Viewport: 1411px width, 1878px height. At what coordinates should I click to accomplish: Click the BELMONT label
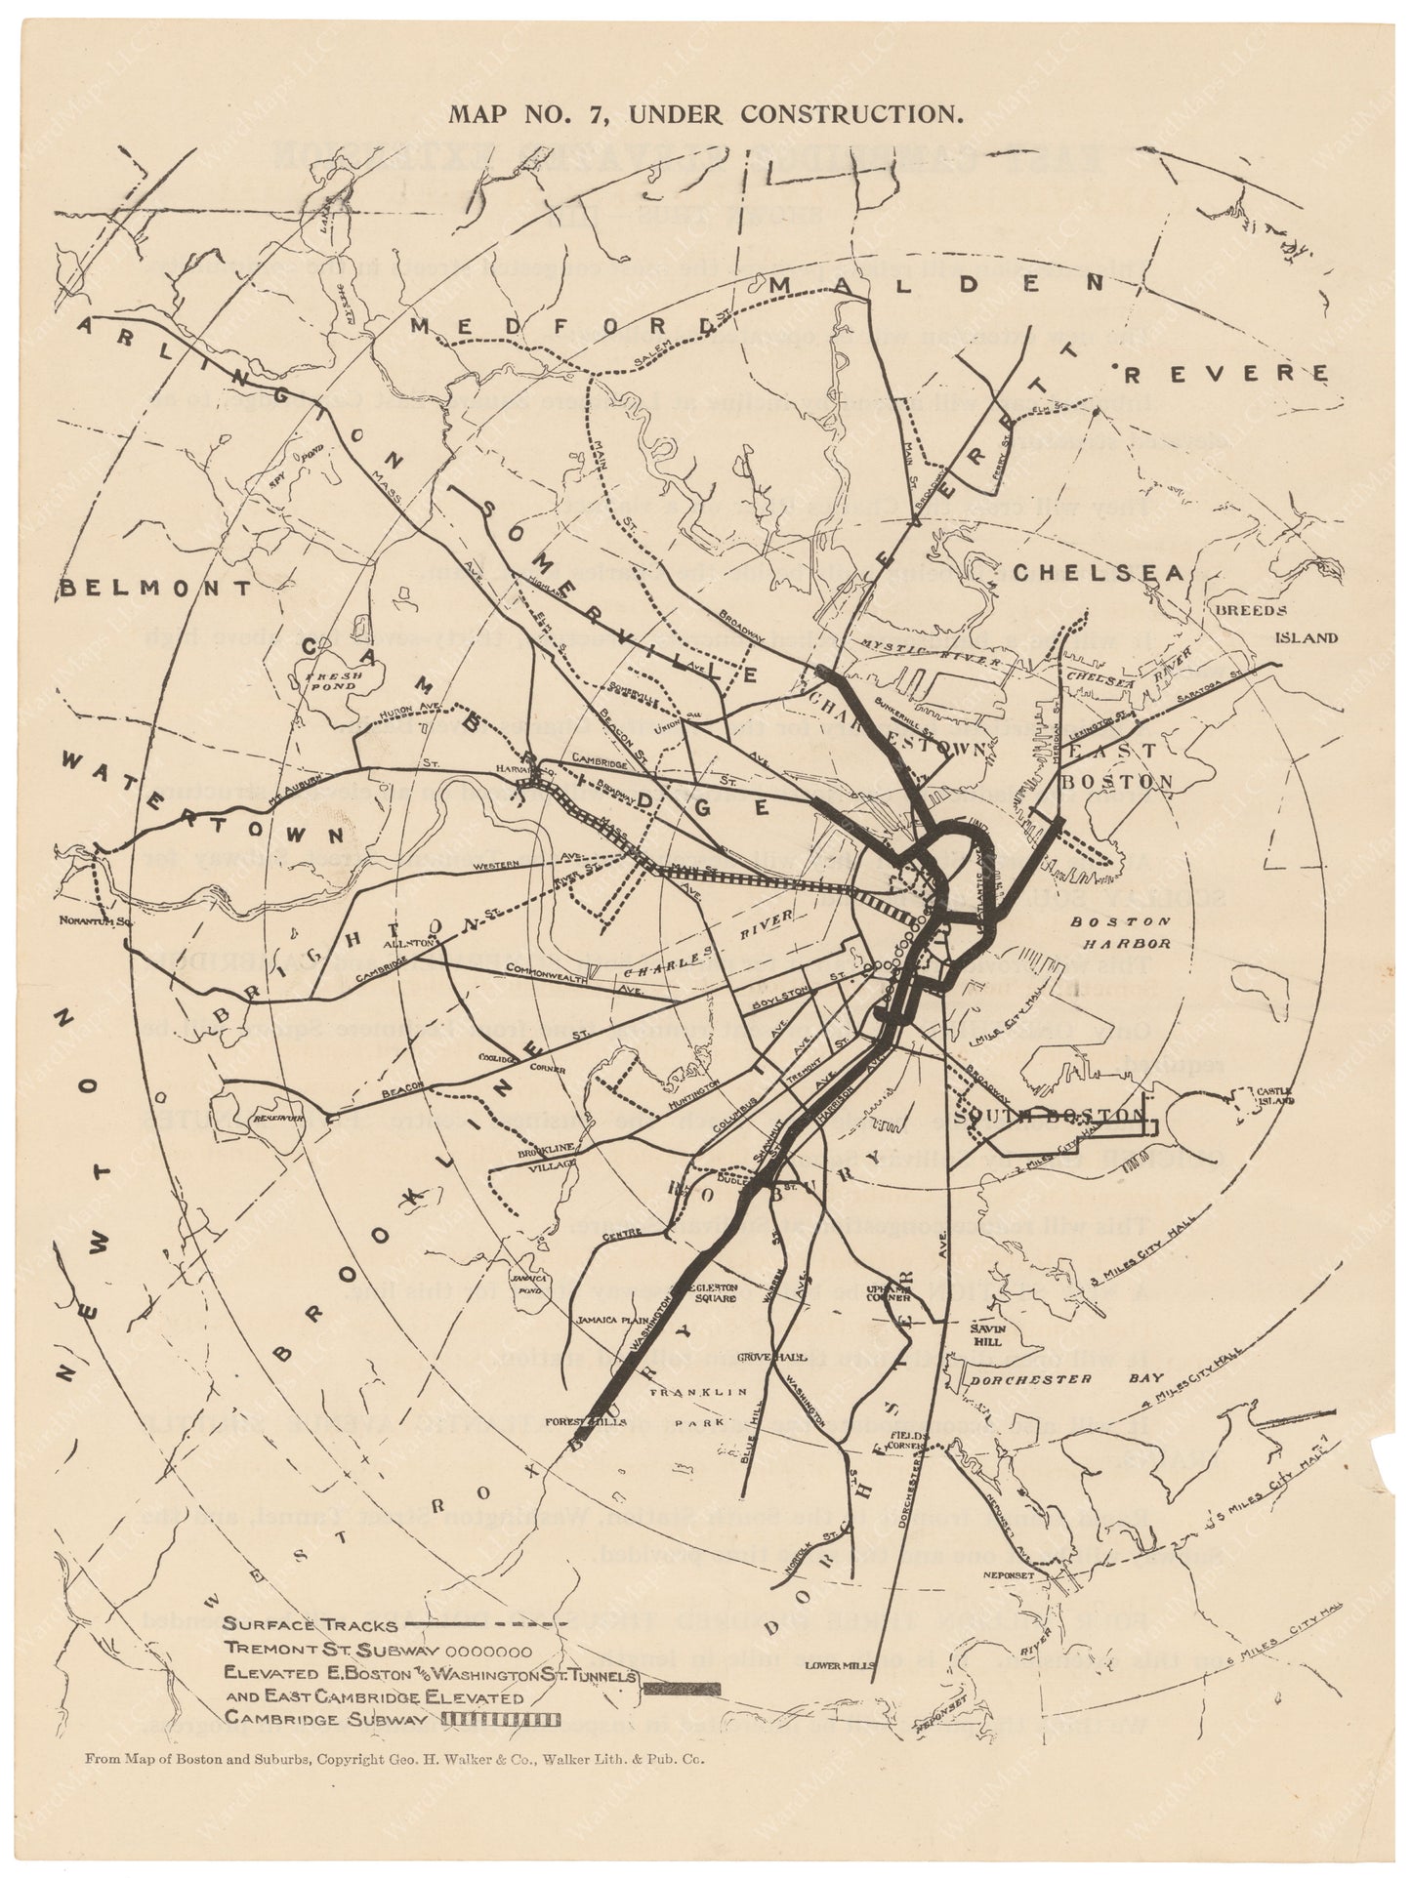[x=156, y=588]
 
